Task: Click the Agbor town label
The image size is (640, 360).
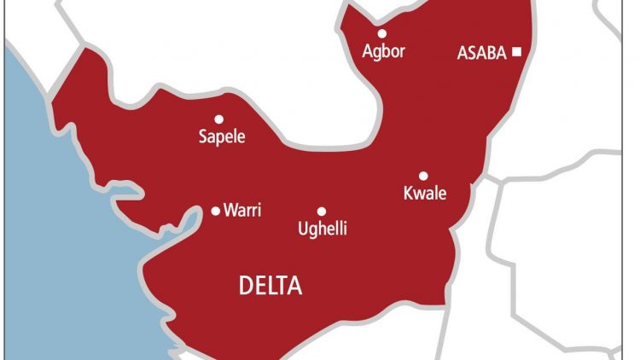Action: pyautogui.click(x=382, y=51)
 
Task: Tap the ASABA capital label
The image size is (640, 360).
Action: pyautogui.click(x=483, y=53)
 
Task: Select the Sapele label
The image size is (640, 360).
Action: pyautogui.click(x=221, y=136)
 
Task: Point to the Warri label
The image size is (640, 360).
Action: pyautogui.click(x=241, y=211)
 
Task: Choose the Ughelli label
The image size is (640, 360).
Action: pyautogui.click(x=322, y=229)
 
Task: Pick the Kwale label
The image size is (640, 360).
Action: pyautogui.click(x=424, y=194)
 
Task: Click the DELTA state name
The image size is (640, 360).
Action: pyautogui.click(x=270, y=286)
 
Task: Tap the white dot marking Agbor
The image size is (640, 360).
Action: pyautogui.click(x=382, y=34)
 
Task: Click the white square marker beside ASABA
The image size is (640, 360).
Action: pyautogui.click(x=516, y=52)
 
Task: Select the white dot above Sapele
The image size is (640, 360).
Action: pyautogui.click(x=218, y=119)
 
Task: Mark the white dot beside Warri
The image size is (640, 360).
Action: pyautogui.click(x=215, y=211)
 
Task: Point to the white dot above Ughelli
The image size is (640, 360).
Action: pyautogui.click(x=322, y=212)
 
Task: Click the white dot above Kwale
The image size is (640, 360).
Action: pyautogui.click(x=423, y=176)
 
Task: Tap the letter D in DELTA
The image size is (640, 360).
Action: pyautogui.click(x=245, y=286)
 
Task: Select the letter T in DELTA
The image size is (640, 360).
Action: pyautogui.click(x=282, y=286)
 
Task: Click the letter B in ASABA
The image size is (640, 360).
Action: pyautogui.click(x=490, y=53)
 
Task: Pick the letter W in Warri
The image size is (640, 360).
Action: pyautogui.click(x=230, y=211)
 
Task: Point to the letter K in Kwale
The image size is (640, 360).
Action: pyautogui.click(x=408, y=194)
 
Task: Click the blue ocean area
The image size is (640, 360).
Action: pyautogui.click(x=51, y=213)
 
